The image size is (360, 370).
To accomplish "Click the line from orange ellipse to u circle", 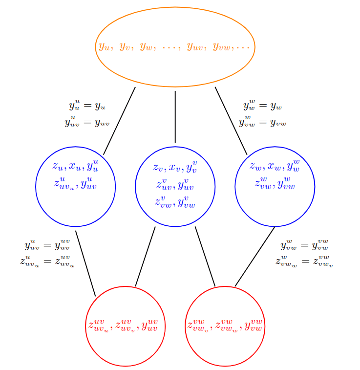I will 119,121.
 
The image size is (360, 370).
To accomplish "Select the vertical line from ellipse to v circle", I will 175,116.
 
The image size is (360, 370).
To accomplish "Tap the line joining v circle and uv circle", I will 145,257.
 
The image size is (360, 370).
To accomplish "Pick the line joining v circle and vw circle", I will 205,257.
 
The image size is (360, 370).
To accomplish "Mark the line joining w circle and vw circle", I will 255,257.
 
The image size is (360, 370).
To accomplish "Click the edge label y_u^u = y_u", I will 87,106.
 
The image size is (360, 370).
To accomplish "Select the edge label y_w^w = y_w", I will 263,106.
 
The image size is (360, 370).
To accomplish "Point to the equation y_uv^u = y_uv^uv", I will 47,245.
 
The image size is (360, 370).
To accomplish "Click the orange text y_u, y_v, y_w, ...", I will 125,47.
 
